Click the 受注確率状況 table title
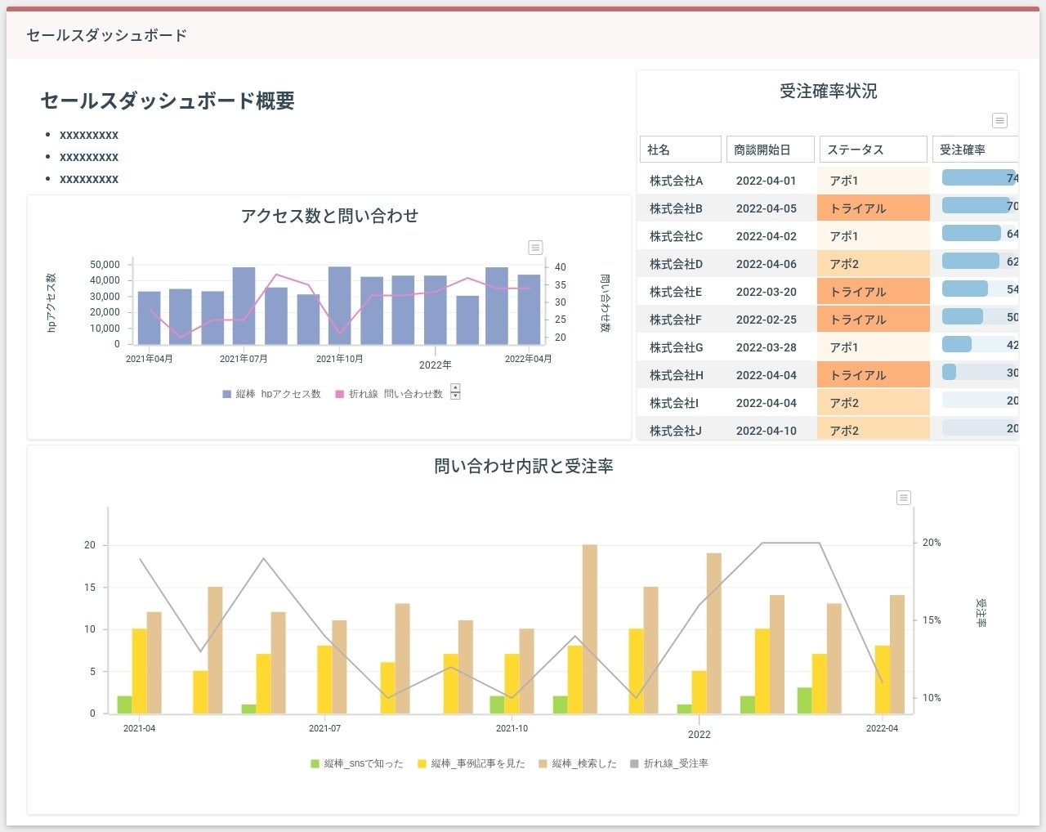click(x=828, y=92)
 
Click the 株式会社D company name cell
click(x=676, y=264)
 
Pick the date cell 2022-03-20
click(x=766, y=292)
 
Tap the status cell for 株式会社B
click(x=873, y=208)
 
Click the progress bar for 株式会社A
click(x=978, y=178)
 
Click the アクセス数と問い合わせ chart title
click(x=329, y=216)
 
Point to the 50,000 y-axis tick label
click(x=105, y=265)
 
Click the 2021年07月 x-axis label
click(x=244, y=359)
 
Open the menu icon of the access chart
click(x=535, y=248)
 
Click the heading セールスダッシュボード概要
click(x=168, y=101)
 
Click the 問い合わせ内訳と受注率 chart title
click(x=523, y=467)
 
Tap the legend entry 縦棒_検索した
click(x=578, y=763)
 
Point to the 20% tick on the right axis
click(x=932, y=543)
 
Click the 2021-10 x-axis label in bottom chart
click(x=512, y=728)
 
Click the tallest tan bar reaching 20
click(x=589, y=628)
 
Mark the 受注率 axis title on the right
click(x=981, y=613)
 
